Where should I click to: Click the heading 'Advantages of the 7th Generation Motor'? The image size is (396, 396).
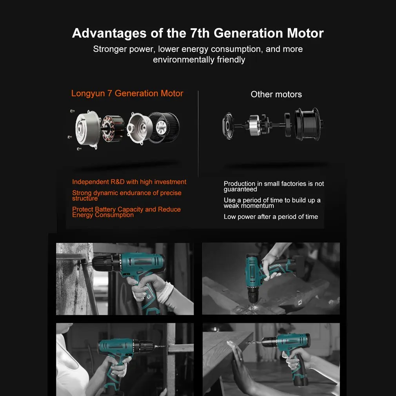[x=198, y=33]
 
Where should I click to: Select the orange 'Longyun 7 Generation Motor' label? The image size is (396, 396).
[x=127, y=93]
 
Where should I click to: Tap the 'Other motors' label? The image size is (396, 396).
[x=276, y=94]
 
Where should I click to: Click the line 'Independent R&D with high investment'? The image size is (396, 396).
[x=129, y=182]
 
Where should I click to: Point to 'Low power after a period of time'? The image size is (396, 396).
[x=271, y=217]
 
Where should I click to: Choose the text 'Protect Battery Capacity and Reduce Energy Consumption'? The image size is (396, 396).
[x=126, y=212]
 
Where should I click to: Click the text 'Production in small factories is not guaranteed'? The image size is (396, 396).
[x=274, y=187]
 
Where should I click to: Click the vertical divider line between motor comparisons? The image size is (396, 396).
[x=198, y=133]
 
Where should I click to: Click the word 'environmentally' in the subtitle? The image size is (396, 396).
[x=183, y=60]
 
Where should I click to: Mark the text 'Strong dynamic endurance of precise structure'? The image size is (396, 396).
[x=127, y=195]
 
